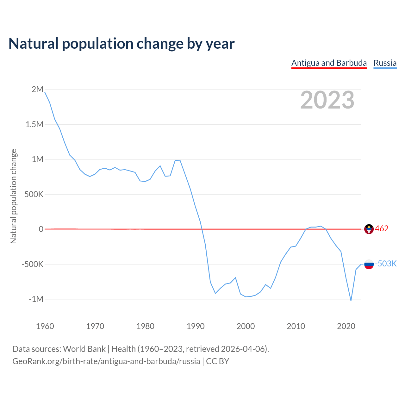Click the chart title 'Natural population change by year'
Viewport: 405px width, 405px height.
[121, 44]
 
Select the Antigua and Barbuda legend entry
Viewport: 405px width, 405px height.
[329, 63]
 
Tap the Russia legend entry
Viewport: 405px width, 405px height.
[385, 63]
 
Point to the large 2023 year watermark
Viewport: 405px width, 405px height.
[327, 100]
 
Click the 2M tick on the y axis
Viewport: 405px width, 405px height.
[37, 90]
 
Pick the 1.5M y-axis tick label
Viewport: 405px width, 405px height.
[34, 124]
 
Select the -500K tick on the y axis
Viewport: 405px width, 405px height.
[32, 264]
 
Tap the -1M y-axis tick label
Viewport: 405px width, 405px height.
[36, 299]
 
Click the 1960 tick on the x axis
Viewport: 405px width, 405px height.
[45, 326]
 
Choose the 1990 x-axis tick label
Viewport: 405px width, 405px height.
[196, 326]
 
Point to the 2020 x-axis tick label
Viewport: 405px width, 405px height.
[346, 326]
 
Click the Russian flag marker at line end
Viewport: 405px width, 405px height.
[369, 264]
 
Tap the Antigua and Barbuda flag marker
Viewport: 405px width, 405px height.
[369, 229]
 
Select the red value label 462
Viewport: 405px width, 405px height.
[382, 229]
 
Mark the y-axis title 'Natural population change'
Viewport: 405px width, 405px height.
[13, 196]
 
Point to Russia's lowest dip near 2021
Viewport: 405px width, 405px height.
[351, 300]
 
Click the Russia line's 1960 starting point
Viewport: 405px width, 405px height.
[45, 92]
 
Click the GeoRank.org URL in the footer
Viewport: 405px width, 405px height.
[106, 361]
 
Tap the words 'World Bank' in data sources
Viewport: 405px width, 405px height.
[84, 349]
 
